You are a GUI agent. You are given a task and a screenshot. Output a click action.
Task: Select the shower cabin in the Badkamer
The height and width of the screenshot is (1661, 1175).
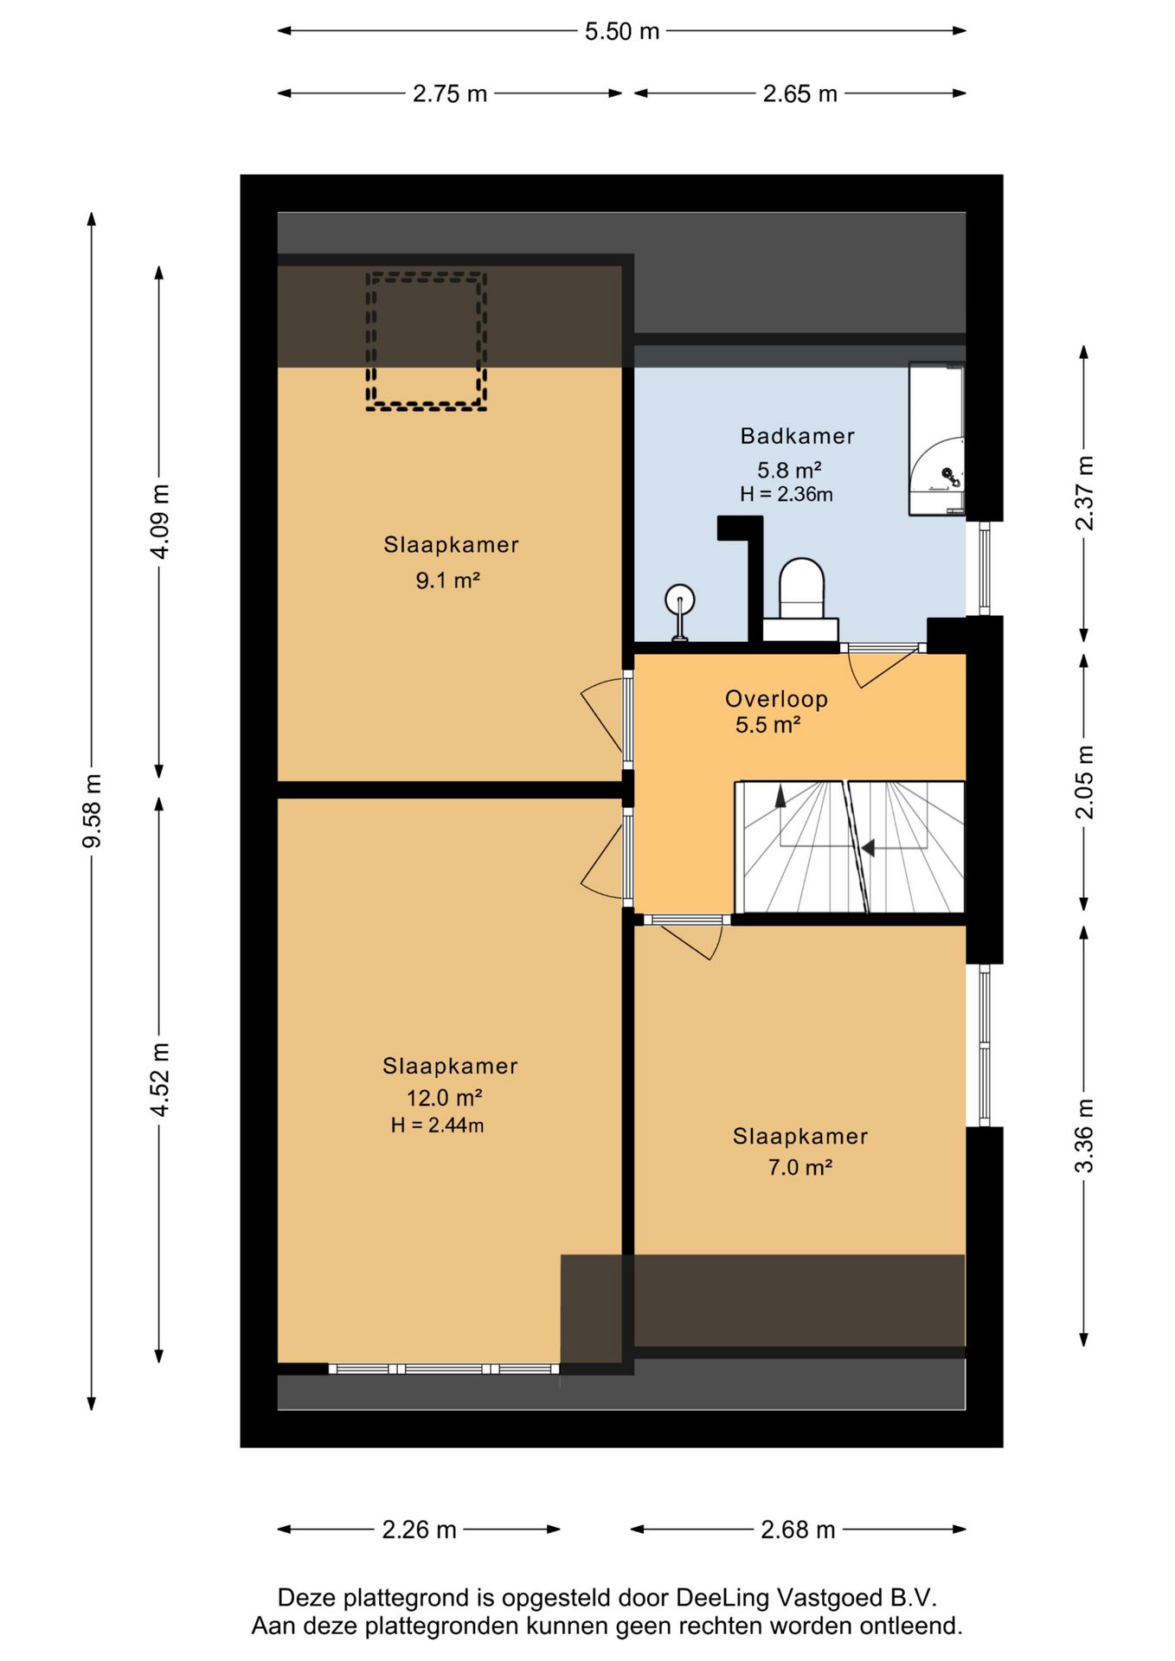(936, 439)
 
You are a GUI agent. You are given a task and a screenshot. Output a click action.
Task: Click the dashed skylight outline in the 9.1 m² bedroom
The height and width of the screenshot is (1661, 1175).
(426, 275)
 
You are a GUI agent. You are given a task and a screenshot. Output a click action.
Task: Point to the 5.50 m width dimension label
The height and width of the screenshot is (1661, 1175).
(621, 31)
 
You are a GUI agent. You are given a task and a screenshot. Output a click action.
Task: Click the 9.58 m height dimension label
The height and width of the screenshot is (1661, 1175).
(92, 811)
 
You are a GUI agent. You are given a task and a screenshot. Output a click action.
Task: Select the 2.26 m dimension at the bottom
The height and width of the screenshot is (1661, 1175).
(419, 1530)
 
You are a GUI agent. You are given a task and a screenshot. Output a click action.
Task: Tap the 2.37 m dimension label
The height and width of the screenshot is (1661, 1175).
(1084, 492)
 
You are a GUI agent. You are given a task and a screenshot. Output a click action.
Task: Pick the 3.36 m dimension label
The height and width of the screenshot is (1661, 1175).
(1084, 1136)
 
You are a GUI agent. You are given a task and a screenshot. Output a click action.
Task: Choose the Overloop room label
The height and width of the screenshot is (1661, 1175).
(776, 699)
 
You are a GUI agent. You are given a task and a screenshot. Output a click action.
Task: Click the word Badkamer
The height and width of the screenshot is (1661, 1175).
(797, 436)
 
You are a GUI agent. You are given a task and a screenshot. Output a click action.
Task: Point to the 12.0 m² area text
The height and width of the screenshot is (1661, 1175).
(444, 1098)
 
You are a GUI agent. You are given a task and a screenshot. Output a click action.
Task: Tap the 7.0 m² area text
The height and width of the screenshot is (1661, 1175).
(800, 1167)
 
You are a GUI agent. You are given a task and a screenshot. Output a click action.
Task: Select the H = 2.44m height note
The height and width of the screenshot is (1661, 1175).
(437, 1126)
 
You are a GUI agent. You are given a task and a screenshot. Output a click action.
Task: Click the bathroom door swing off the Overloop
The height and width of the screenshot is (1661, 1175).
(882, 664)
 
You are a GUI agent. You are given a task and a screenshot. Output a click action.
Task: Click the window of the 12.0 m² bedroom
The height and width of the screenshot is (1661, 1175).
(444, 1369)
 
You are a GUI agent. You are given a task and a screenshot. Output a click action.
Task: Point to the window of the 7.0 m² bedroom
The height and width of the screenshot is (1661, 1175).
(984, 1045)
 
